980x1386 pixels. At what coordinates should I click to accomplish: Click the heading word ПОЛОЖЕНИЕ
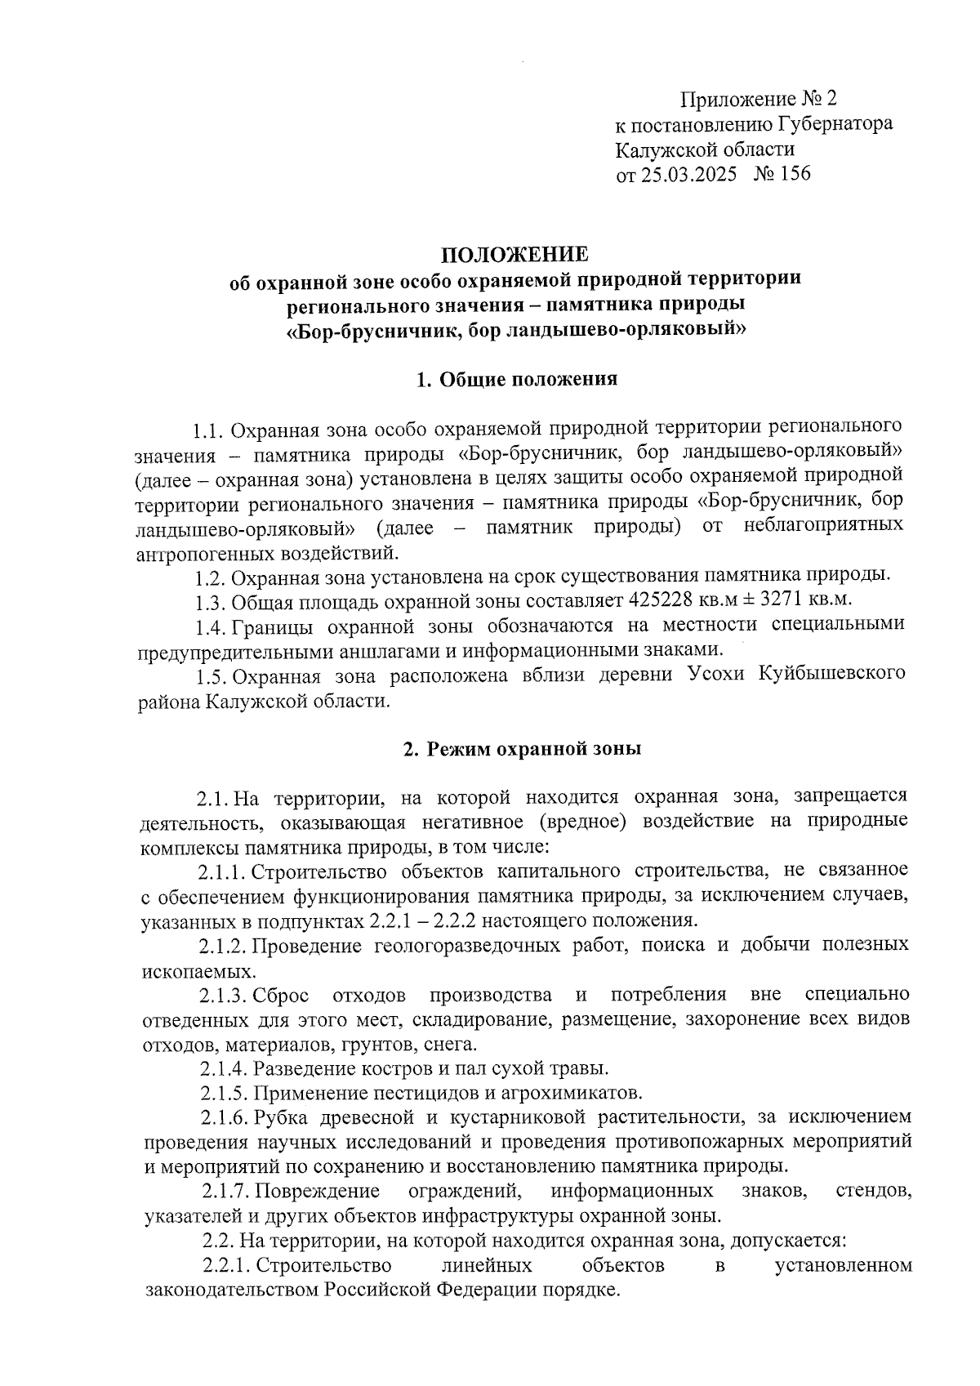(514, 254)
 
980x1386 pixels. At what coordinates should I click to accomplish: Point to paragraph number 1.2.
(210, 577)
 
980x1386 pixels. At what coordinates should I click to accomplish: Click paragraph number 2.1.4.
(223, 1068)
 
